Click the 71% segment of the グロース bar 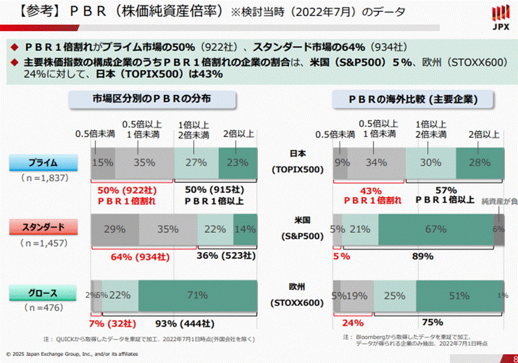coord(197,295)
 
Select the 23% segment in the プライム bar coord(237,163)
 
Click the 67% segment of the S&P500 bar coord(435,228)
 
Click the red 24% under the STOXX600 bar coord(352,322)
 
